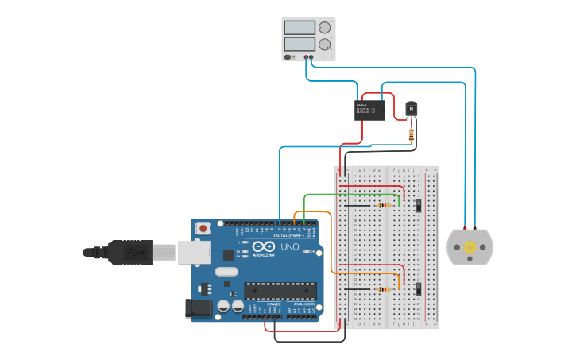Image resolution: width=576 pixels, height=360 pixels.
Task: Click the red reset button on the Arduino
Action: (203, 228)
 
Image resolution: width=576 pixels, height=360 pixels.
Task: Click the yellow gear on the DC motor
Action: (470, 246)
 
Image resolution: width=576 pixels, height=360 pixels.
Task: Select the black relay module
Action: (369, 110)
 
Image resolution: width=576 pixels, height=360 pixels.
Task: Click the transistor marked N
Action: (411, 109)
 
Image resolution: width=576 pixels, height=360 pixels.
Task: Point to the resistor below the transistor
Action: (411, 135)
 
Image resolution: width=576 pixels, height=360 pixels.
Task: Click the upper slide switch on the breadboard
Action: (418, 205)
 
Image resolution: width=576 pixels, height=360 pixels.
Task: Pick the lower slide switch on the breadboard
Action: (418, 289)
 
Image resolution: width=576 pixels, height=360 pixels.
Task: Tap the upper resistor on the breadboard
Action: (385, 206)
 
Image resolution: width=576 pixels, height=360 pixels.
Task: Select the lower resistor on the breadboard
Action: (385, 289)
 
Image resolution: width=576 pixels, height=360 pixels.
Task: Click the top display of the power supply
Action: (300, 28)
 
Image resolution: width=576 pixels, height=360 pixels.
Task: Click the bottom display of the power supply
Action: (300, 44)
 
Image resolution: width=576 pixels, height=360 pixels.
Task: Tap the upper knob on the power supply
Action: (324, 28)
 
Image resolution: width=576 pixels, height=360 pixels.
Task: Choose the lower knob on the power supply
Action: (324, 45)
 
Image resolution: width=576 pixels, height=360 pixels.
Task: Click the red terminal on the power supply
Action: (307, 57)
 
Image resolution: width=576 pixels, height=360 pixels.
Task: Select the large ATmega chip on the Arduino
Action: (280, 291)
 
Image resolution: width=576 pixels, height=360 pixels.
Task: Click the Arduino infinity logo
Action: (264, 246)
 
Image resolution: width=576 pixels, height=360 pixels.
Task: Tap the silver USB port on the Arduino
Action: (193, 252)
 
